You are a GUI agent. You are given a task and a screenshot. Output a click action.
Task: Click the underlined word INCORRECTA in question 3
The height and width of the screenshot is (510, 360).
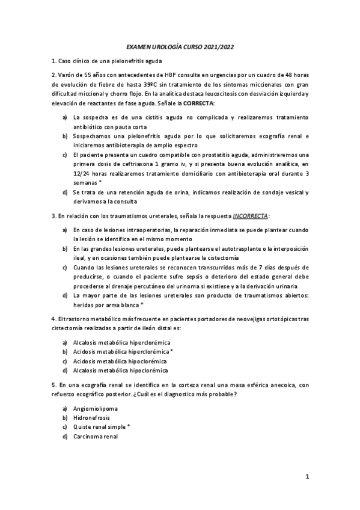point(251,215)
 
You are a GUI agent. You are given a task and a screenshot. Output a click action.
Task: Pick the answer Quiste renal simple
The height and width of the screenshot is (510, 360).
point(99,427)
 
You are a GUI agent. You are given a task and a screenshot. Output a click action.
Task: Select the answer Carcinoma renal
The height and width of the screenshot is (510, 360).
point(95,437)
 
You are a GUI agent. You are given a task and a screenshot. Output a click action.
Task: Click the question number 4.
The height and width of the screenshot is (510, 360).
point(52,318)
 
